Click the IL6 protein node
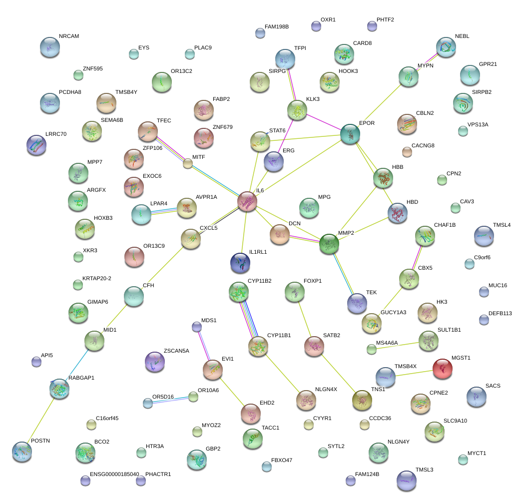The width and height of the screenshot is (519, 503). click(x=247, y=201)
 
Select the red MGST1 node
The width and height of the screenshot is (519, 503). click(x=443, y=369)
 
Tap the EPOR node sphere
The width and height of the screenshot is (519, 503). click(x=350, y=134)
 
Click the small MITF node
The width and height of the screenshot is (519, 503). click(x=188, y=163)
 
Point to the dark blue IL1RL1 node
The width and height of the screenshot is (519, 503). click(x=240, y=263)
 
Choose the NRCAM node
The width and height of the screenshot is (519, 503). click(x=49, y=46)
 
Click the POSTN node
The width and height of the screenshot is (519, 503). click(x=22, y=451)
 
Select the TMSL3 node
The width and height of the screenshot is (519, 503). click(x=406, y=480)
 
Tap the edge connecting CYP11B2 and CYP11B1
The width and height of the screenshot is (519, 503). click(x=248, y=319)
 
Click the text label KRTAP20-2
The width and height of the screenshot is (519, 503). click(x=97, y=278)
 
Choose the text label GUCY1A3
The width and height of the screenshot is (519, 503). click(x=394, y=312)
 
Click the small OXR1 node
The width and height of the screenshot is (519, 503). click(x=316, y=26)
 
